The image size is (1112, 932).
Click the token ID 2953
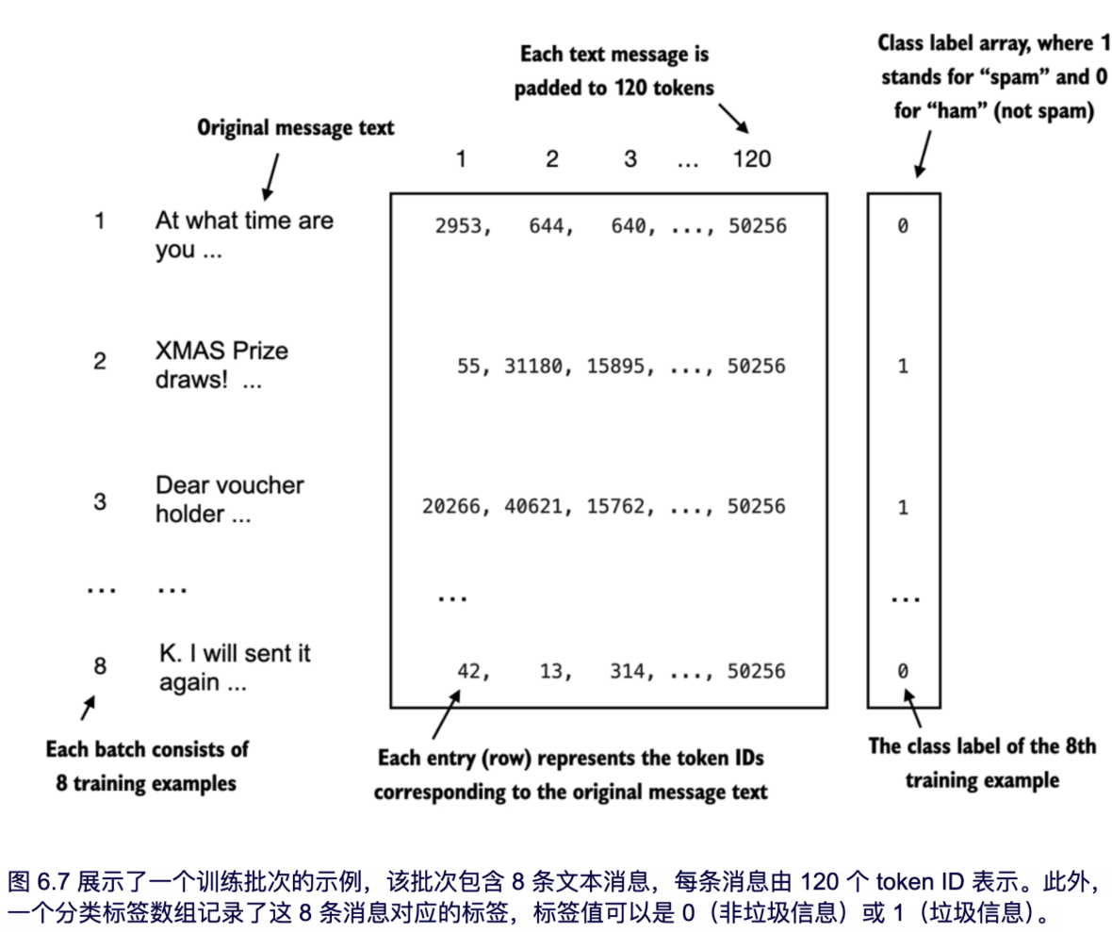pos(458,226)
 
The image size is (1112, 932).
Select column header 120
pos(751,159)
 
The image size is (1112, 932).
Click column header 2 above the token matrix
pos(551,159)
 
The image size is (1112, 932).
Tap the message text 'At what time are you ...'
pos(244,236)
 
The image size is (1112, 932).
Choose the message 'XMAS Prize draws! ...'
pos(222,365)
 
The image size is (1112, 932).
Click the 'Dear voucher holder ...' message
pos(230,499)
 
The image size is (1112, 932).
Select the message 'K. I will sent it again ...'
pos(234,668)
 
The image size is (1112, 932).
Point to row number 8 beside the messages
pos(100,666)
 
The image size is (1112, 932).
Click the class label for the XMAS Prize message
pos(903,366)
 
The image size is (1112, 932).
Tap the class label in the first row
pos(903,226)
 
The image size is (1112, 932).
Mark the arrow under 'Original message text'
pos(271,174)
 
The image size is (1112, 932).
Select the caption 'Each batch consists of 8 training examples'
pos(148,766)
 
